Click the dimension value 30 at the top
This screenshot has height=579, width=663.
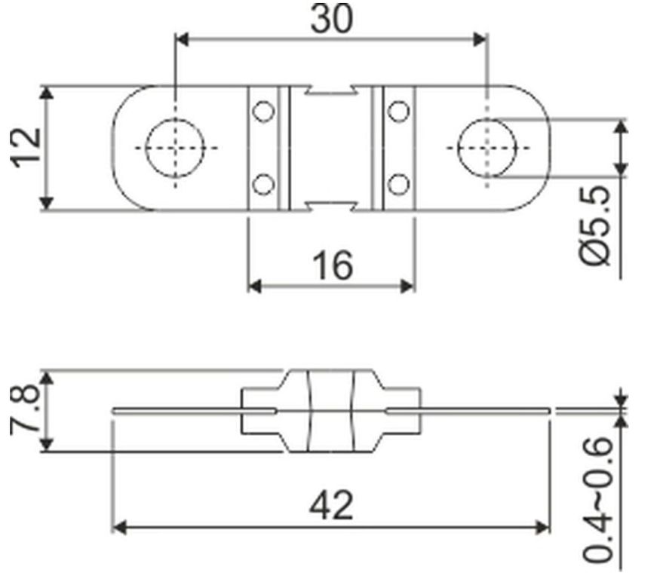click(331, 19)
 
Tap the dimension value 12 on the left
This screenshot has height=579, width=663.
click(26, 148)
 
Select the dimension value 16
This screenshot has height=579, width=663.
click(333, 265)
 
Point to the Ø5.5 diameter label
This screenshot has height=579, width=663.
click(595, 225)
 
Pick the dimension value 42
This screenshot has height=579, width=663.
click(331, 505)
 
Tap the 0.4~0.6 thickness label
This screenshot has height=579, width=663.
click(597, 500)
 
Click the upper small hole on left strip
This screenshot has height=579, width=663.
click(263, 111)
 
